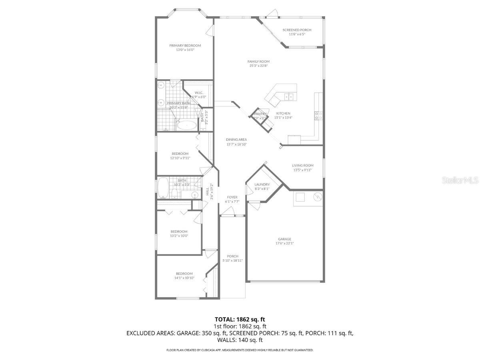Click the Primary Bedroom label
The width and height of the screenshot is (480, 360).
(185, 46)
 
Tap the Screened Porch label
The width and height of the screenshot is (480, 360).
(297, 30)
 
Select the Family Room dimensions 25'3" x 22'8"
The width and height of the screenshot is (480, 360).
(258, 66)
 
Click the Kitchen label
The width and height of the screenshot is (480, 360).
(283, 113)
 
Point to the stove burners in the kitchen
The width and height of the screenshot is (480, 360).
(319, 116)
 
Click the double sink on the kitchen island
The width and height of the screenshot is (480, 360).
(288, 96)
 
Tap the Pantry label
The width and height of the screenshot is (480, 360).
(260, 114)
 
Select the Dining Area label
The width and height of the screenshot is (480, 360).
(236, 140)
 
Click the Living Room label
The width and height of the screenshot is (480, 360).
(302, 165)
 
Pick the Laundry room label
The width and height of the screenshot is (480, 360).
(262, 184)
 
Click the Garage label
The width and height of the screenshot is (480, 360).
(284, 239)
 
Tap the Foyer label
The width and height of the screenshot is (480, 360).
(232, 197)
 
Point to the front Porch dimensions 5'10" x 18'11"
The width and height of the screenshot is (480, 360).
(232, 260)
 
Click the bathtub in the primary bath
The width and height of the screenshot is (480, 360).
(186, 125)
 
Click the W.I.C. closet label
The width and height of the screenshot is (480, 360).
(199, 93)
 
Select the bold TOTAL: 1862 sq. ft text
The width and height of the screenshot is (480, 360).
(240, 319)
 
